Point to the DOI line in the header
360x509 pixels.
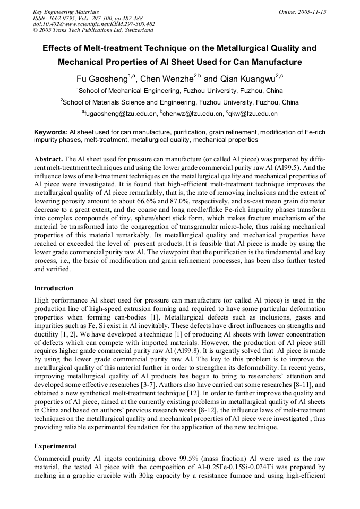pyautogui.click(x=93, y=24)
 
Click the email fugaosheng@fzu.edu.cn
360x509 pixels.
pyautogui.click(x=121, y=114)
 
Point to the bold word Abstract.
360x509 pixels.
pyautogui.click(x=48, y=159)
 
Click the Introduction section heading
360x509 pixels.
pyautogui.click(x=54, y=288)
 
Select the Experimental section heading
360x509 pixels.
pyautogui.click(x=55, y=446)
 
